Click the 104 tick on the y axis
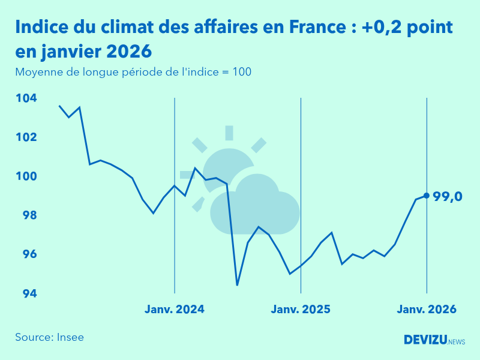click(26, 98)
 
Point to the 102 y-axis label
click(26, 137)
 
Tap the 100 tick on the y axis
click(26, 176)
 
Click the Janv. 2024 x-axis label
click(175, 310)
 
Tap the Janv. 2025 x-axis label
click(301, 310)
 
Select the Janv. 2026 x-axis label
click(427, 310)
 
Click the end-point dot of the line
click(427, 196)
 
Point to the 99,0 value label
click(448, 196)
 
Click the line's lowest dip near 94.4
click(237, 285)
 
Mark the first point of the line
click(59, 106)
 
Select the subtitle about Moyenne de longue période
click(133, 72)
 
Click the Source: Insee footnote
click(50, 337)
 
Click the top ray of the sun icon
click(229, 133)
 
